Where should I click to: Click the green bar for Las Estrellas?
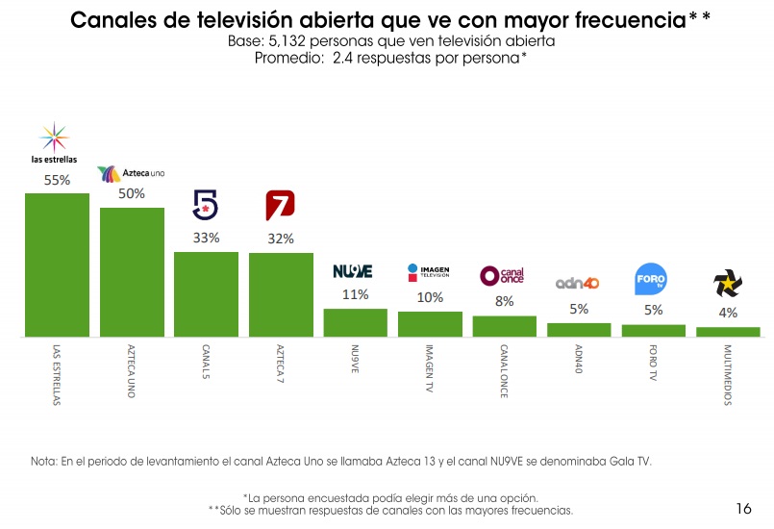pyautogui.click(x=57, y=264)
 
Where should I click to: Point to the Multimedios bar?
pyautogui.click(x=728, y=332)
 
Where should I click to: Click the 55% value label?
pyautogui.click(x=57, y=179)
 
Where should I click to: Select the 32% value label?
pyautogui.click(x=281, y=239)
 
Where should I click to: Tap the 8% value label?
pyautogui.click(x=505, y=301)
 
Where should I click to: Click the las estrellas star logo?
pyautogui.click(x=54, y=137)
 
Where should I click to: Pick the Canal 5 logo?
pyautogui.click(x=206, y=205)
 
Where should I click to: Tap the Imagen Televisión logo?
pyautogui.click(x=428, y=272)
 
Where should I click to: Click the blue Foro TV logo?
pyautogui.click(x=651, y=281)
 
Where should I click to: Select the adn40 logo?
pyautogui.click(x=577, y=284)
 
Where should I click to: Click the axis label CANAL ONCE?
pyautogui.click(x=504, y=370)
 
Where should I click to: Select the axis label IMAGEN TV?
pyautogui.click(x=429, y=367)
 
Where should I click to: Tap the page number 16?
pyautogui.click(x=742, y=508)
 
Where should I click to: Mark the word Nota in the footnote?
pyautogui.click(x=43, y=462)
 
